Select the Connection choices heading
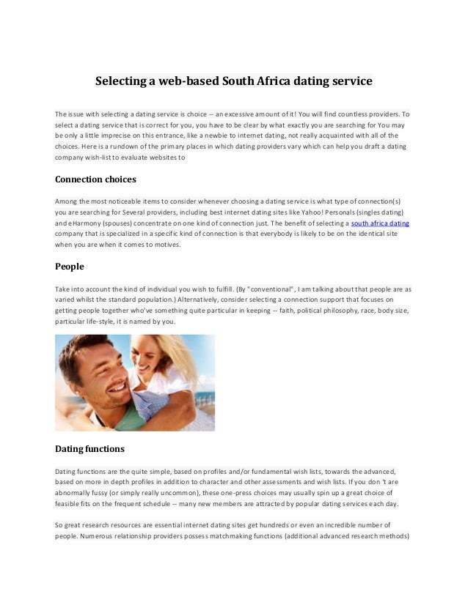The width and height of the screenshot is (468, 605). (x=96, y=179)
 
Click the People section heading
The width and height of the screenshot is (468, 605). (x=70, y=267)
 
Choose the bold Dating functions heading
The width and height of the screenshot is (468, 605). (x=90, y=448)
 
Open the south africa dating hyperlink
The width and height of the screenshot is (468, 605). (x=380, y=223)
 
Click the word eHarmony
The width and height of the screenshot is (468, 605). (x=86, y=223)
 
